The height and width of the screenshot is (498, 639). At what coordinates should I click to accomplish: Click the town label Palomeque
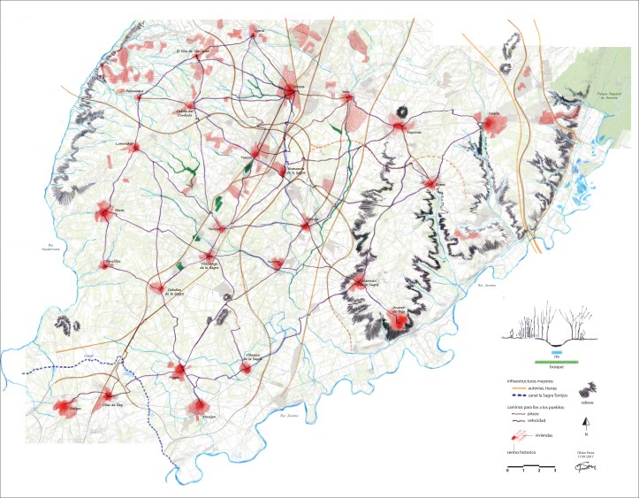(133, 90)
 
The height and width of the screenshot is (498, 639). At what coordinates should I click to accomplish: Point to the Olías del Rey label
(111, 403)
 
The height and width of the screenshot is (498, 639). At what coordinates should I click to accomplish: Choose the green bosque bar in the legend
(556, 361)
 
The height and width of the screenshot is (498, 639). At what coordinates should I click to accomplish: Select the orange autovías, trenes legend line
(519, 389)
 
